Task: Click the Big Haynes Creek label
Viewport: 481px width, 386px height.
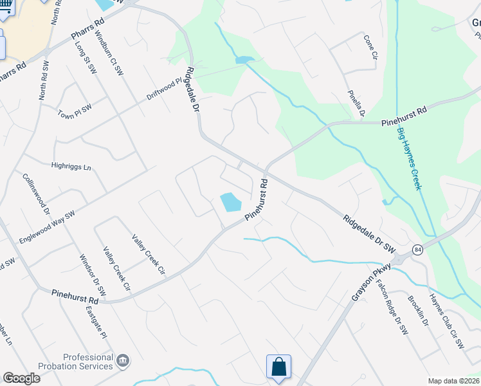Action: coord(409,158)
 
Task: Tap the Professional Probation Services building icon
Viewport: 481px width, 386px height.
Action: coord(122,361)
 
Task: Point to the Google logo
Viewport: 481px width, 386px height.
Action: coord(21,378)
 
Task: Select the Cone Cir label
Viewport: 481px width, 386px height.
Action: coord(370,47)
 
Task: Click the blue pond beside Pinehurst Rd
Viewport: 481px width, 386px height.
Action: coord(230,203)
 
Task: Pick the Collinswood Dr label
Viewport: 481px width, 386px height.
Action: coord(36,193)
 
